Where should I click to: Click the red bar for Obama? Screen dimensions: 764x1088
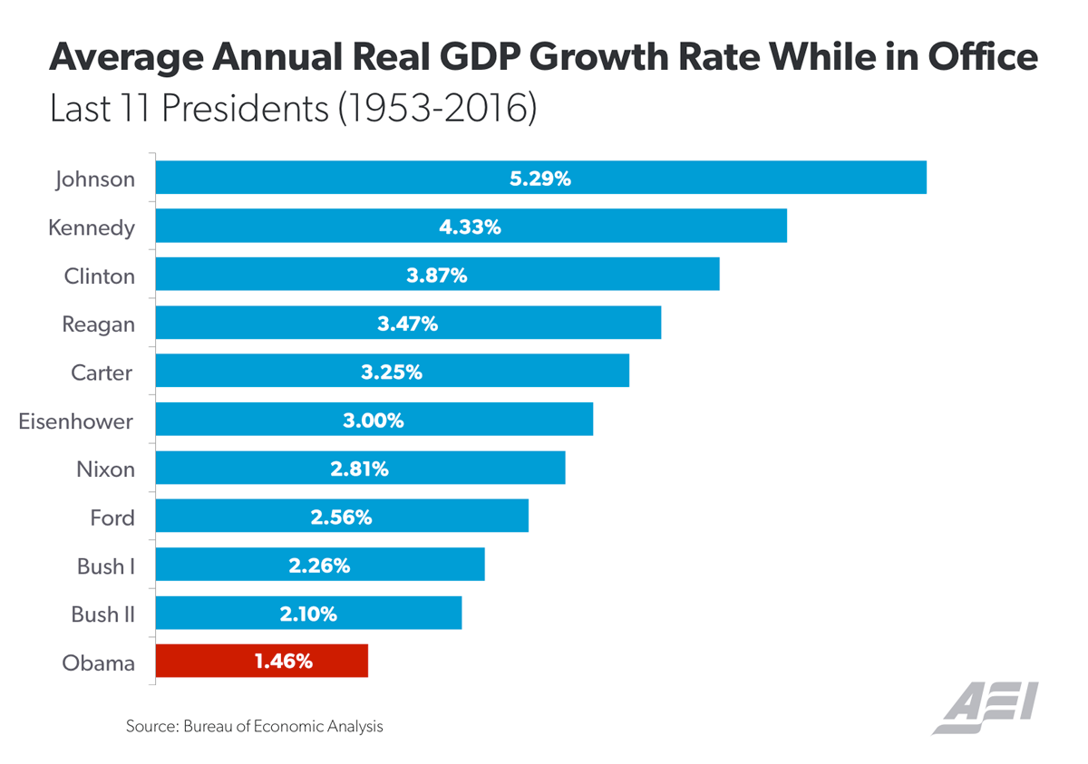coord(262,661)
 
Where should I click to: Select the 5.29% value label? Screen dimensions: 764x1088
coord(540,179)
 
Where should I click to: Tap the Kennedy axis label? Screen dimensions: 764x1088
coord(91,227)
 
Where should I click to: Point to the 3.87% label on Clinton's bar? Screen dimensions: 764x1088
coord(436,276)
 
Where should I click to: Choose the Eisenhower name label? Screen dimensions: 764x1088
coord(76,421)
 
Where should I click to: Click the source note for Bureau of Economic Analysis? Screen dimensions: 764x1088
coord(255,726)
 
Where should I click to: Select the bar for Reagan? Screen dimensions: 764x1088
coord(408,324)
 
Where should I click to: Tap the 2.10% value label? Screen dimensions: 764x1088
coord(308,614)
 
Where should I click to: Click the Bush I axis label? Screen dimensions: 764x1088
coord(106,566)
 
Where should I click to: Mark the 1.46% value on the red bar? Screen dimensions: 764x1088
coord(284,662)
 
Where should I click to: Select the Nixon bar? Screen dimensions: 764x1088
coord(360,469)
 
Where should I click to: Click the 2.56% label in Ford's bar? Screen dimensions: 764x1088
coord(341,517)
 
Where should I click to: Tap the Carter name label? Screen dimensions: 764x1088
coord(102,372)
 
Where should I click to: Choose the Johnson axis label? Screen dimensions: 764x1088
coord(94,179)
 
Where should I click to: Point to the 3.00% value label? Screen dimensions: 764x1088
coord(374,421)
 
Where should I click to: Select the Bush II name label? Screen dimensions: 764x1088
coord(102,614)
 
